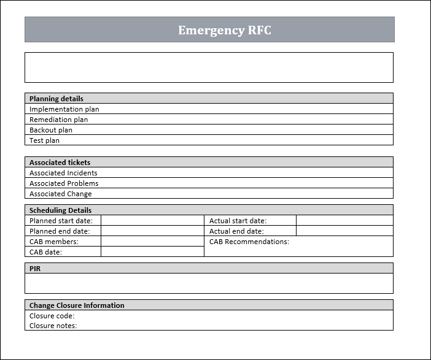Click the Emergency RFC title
click(x=225, y=30)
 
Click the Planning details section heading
click(x=56, y=99)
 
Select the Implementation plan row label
click(x=64, y=109)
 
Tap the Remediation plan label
click(x=58, y=120)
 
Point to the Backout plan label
click(x=51, y=130)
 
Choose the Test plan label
click(x=44, y=140)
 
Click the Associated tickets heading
click(x=60, y=163)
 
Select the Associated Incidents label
click(x=63, y=173)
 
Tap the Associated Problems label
click(x=64, y=183)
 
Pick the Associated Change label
click(x=61, y=194)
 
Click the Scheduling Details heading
click(x=60, y=210)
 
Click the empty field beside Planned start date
click(x=152, y=221)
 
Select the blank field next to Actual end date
click(x=344, y=231)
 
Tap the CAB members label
click(x=54, y=242)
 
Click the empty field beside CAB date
click(x=152, y=252)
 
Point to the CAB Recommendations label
click(x=249, y=242)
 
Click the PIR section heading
click(x=35, y=269)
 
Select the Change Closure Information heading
click(x=77, y=305)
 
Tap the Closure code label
click(x=52, y=316)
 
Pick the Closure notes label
click(x=53, y=326)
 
